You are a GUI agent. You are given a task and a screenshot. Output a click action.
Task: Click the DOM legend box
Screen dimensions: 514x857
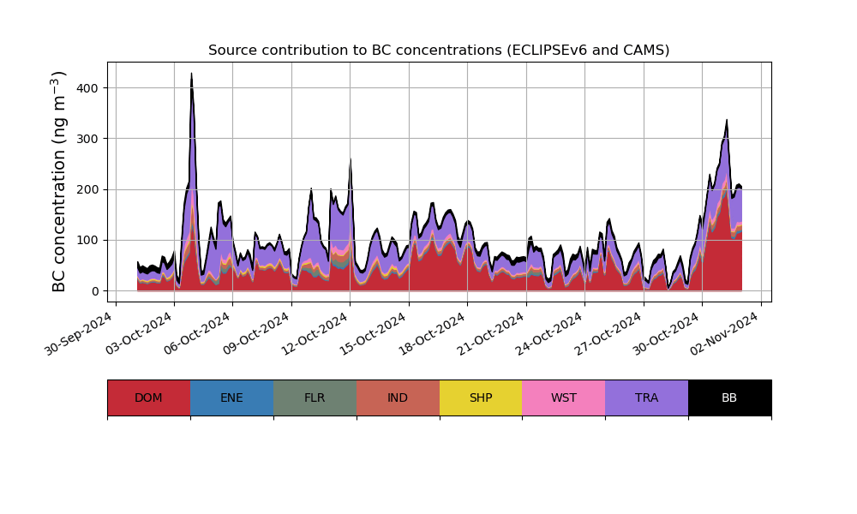click(148, 397)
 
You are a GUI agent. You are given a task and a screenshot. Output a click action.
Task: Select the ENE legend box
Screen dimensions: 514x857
click(231, 397)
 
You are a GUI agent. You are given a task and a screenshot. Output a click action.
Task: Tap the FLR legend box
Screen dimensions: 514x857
click(315, 397)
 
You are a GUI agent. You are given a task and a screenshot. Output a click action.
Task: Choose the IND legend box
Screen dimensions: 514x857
click(398, 397)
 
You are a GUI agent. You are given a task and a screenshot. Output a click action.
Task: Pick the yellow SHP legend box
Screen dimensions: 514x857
click(481, 397)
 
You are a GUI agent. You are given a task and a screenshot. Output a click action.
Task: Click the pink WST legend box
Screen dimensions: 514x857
click(563, 397)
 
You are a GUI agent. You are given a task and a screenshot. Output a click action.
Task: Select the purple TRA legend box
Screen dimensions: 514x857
click(646, 397)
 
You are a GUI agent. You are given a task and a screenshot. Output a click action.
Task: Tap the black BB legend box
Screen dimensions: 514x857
click(729, 397)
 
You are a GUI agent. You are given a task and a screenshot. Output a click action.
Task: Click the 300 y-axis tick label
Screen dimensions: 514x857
click(87, 139)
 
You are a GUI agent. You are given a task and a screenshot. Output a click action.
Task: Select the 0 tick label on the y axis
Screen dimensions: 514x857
click(94, 291)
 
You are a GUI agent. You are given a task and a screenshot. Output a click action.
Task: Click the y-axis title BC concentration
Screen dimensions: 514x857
click(59, 182)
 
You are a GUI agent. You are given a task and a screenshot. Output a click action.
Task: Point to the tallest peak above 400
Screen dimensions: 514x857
click(191, 74)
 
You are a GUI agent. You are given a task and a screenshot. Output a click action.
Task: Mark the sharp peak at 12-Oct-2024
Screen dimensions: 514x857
click(351, 160)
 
